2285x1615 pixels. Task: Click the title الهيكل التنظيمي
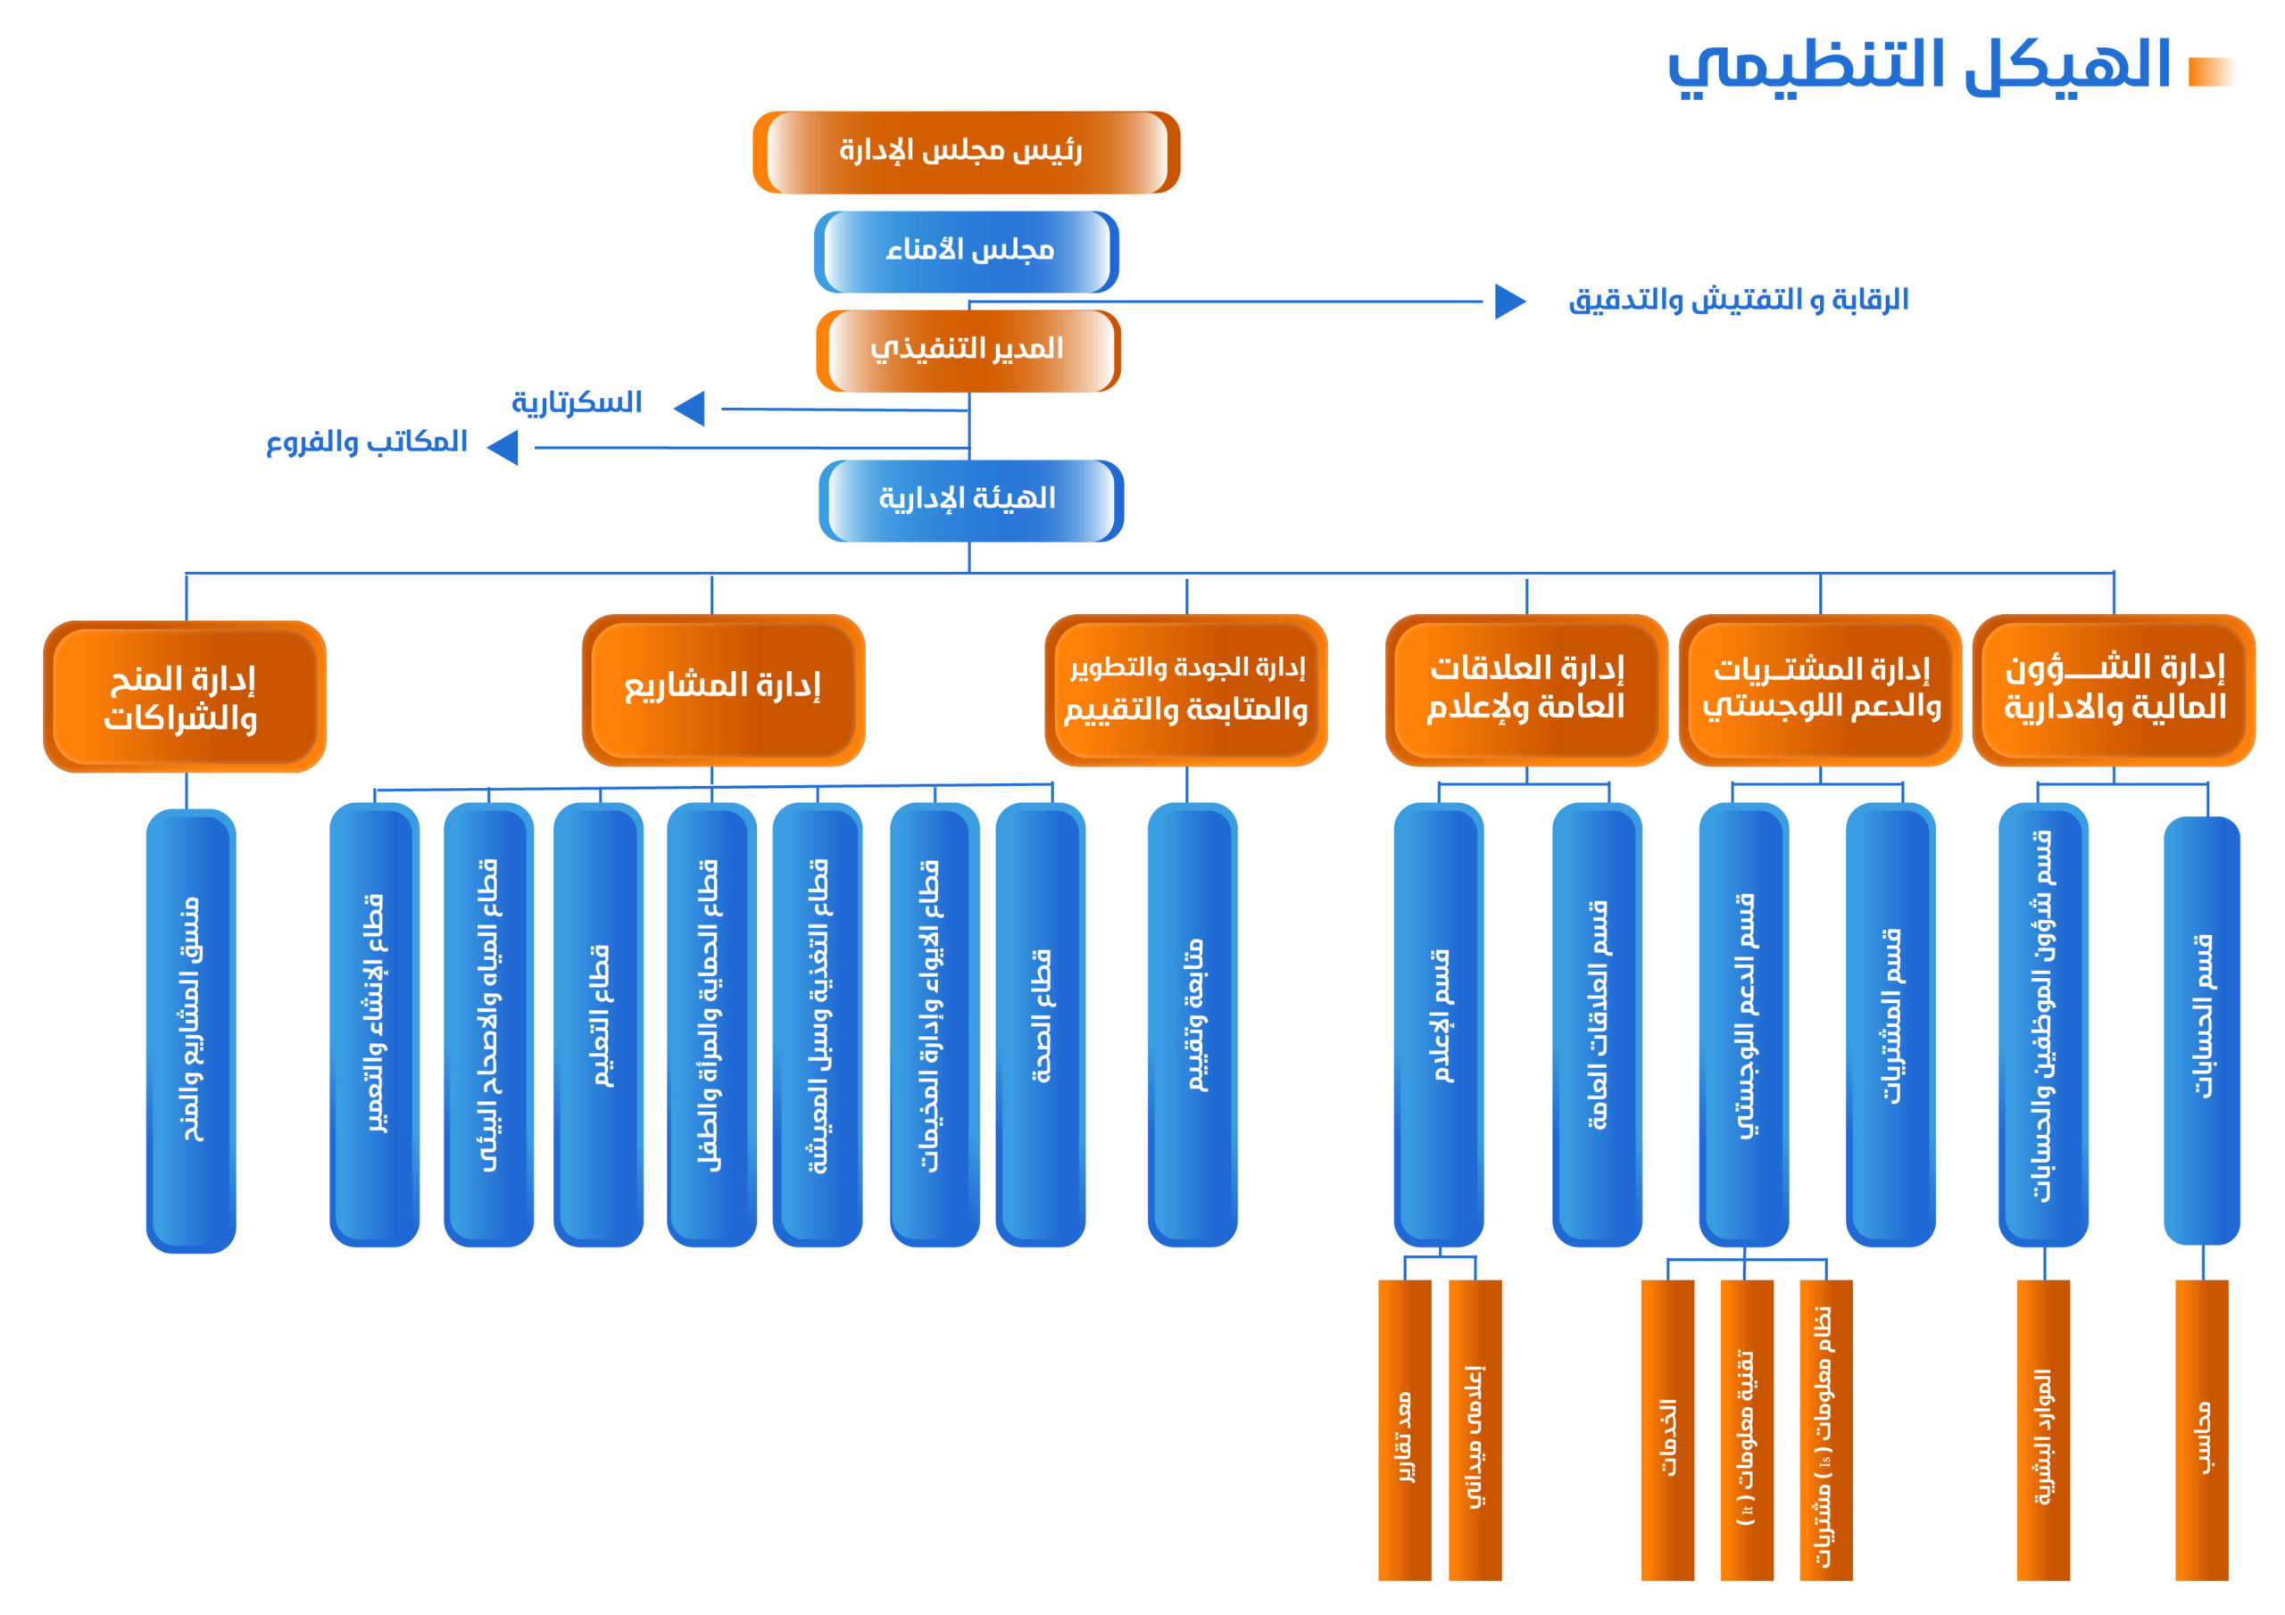pos(1919,66)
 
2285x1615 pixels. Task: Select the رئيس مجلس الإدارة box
pos(966,153)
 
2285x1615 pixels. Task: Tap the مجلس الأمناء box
pos(967,251)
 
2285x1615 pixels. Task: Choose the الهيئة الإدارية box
pos(970,500)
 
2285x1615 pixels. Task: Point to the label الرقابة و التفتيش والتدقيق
pos(1738,301)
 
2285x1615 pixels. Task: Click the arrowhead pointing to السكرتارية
pos(691,408)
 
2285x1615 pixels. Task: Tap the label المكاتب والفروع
pos(366,443)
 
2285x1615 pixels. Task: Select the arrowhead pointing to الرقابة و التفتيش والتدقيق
pos(1508,301)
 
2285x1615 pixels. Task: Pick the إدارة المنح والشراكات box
pos(184,697)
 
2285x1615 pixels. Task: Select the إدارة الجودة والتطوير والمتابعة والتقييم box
pos(1185,689)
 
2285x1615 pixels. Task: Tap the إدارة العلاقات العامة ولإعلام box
pos(1525,689)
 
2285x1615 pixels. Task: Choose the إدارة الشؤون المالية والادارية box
pos(2113,689)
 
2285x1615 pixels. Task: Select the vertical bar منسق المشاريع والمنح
pos(190,1029)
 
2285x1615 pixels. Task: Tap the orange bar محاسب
pos(2201,1429)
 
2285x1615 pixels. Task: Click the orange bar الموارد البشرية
pos(2042,1429)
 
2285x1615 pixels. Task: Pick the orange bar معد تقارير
pos(1404,1429)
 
